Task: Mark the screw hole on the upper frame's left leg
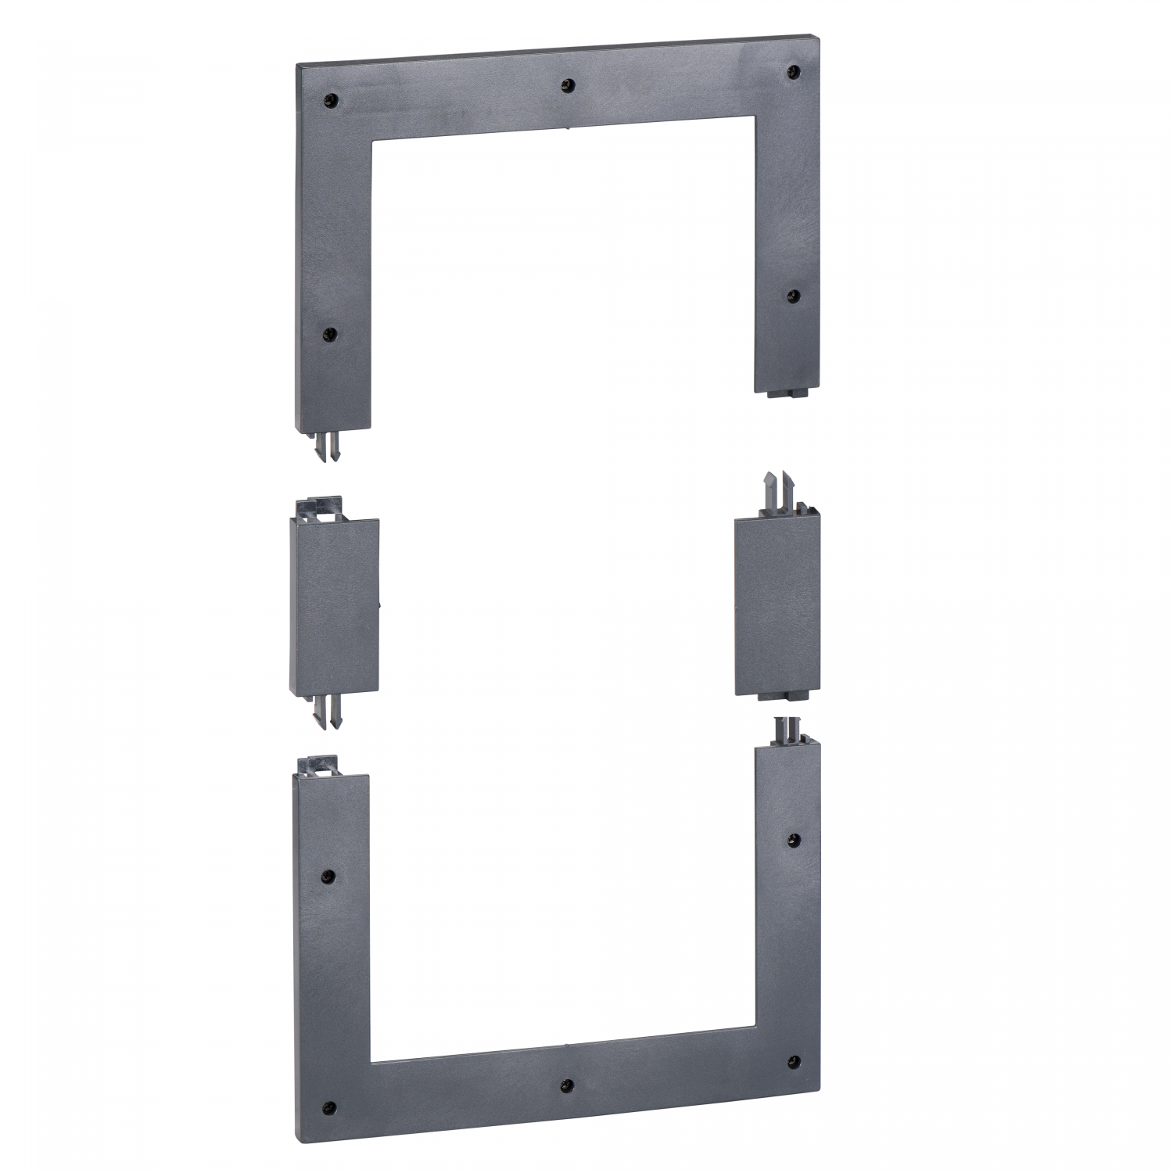coord(329,334)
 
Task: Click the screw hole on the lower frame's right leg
coord(794,840)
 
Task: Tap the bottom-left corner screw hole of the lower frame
coord(329,1107)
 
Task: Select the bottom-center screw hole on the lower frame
coord(568,1085)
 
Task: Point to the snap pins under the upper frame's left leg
coord(329,447)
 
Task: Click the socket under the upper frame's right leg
coord(786,393)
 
